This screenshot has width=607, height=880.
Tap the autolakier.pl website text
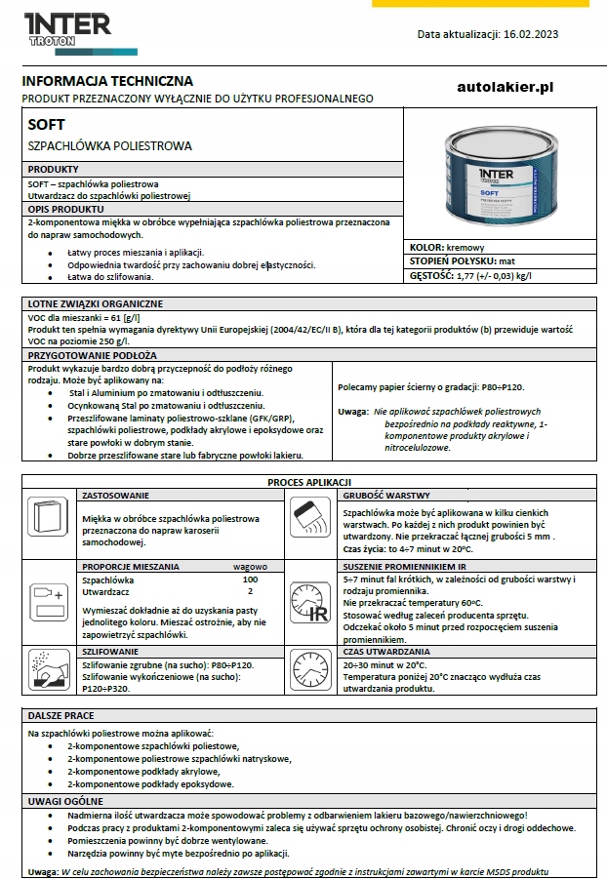505,87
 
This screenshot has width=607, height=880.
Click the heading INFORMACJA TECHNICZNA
107,81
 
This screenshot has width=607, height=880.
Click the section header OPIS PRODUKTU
66,210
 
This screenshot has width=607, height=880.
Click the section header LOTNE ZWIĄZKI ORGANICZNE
96,303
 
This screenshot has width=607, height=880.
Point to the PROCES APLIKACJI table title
310,482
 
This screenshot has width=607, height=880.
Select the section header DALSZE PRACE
61,715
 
